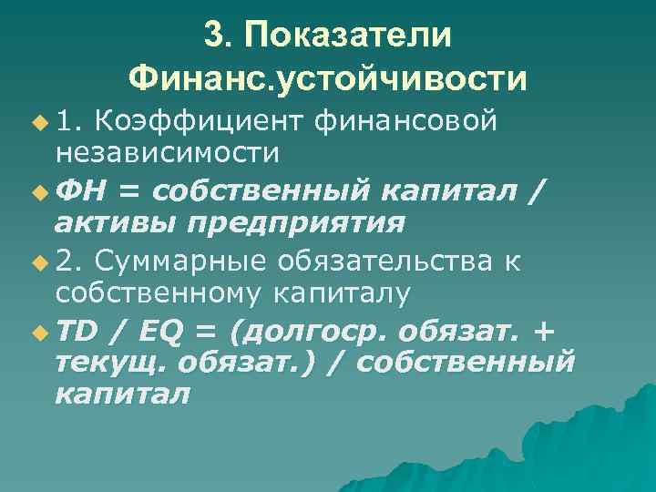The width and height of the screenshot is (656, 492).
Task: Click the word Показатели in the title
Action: [347, 36]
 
